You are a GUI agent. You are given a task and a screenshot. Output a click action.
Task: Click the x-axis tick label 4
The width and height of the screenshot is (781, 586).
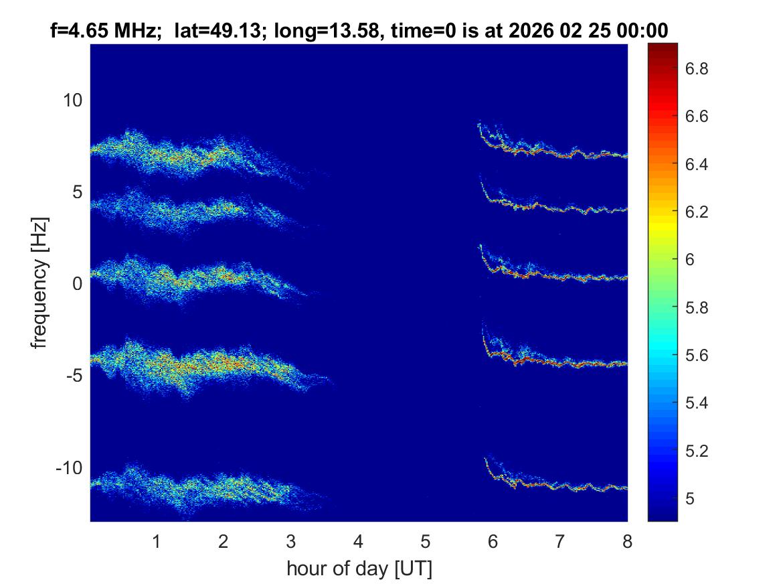[358, 541]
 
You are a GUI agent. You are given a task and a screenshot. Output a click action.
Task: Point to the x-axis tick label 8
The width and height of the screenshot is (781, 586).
[627, 541]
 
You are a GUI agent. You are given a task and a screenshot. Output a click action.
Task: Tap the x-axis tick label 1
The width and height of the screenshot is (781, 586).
[156, 541]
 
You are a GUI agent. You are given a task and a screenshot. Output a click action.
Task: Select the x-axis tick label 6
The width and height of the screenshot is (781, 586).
[493, 541]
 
